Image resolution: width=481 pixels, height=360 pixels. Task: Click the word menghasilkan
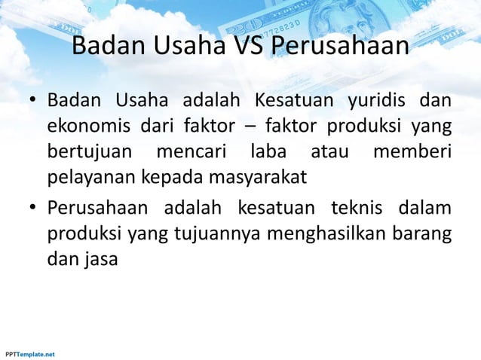[x=335, y=230]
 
